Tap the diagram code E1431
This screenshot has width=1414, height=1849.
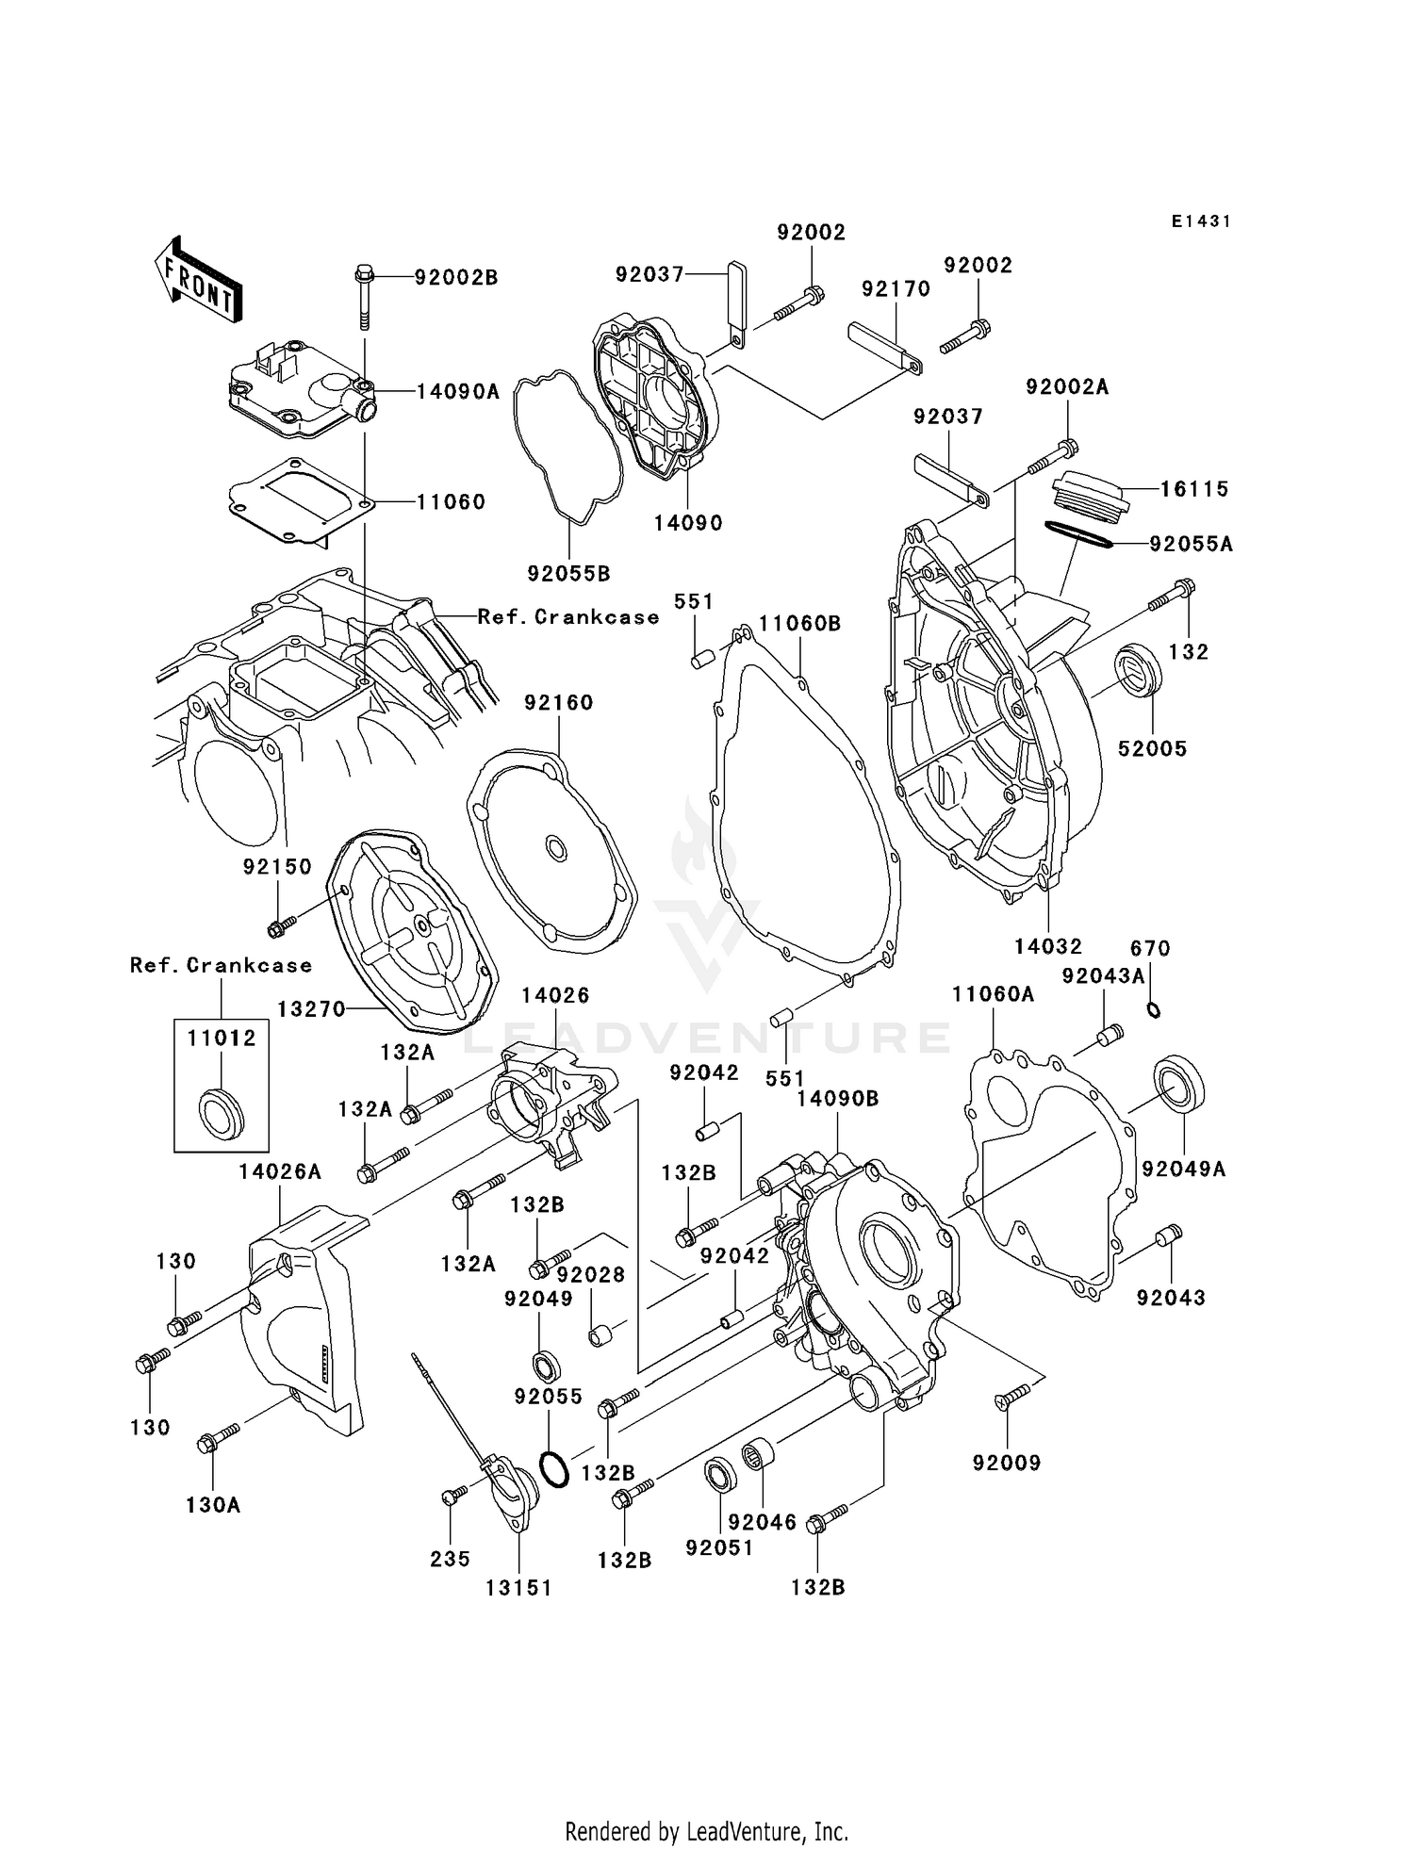click(1201, 221)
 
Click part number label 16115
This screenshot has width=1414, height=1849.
click(1193, 488)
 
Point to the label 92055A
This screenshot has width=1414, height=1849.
click(1191, 544)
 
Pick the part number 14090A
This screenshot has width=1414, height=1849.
click(458, 391)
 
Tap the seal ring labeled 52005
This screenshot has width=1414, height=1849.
click(1138, 670)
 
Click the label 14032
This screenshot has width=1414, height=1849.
click(1047, 946)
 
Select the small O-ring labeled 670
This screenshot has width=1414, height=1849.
click(1153, 1010)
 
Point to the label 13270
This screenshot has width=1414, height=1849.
click(311, 1009)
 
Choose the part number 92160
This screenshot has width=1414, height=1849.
click(558, 702)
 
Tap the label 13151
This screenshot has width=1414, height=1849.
click(518, 1588)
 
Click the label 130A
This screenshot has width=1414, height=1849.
click(213, 1505)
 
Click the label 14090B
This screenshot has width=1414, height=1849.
click(837, 1099)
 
